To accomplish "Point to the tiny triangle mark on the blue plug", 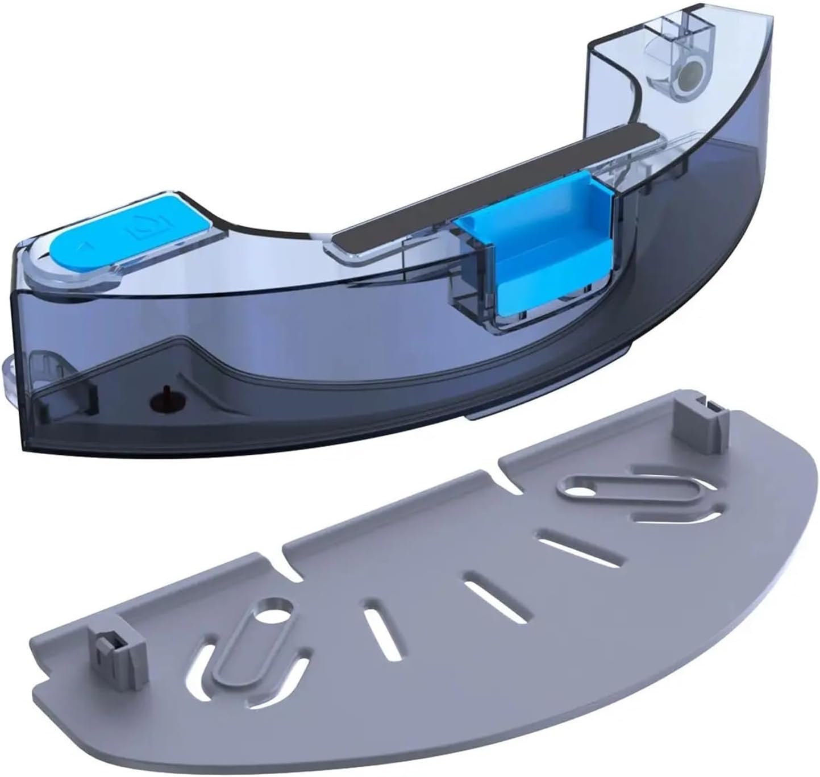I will pyautogui.click(x=83, y=246).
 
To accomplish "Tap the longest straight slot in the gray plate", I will pyautogui.click(x=563, y=545).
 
